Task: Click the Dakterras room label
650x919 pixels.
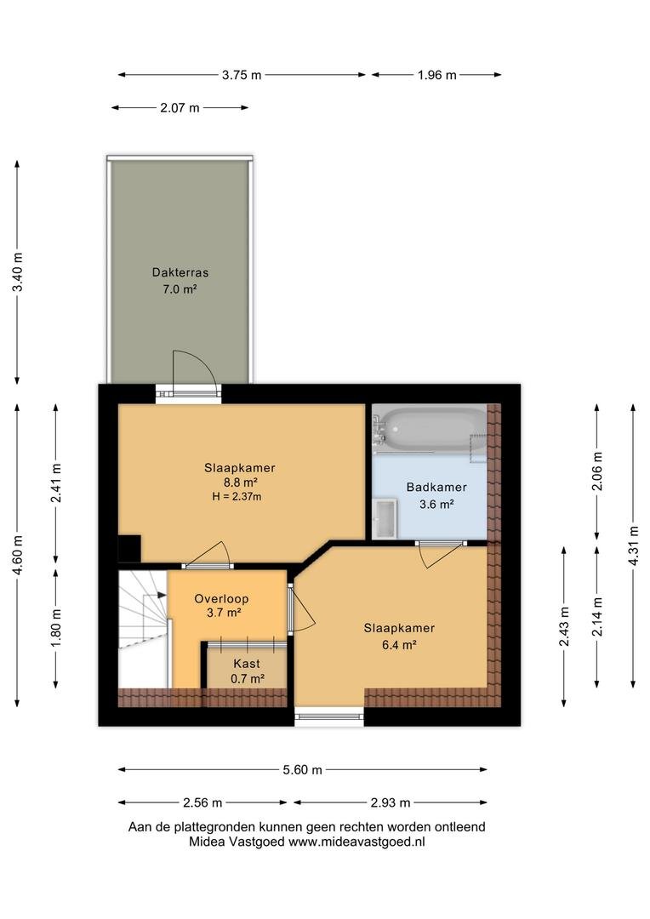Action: point(180,272)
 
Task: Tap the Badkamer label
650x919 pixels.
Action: point(436,487)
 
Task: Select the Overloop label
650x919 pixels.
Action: point(221,599)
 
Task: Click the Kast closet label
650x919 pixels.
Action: point(246,664)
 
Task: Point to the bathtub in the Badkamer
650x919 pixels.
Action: point(432,431)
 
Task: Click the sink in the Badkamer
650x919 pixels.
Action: point(385,518)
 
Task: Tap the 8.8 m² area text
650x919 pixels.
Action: point(240,482)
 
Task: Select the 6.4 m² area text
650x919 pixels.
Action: point(398,645)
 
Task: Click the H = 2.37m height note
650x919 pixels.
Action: point(237,497)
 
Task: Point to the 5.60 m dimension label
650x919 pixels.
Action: point(302,770)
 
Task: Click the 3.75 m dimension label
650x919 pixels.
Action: point(242,75)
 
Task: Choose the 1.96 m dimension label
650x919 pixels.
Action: point(436,75)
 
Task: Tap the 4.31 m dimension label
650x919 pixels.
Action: point(633,545)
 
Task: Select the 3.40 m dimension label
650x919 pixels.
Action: point(18,272)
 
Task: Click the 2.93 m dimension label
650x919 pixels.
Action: point(391,803)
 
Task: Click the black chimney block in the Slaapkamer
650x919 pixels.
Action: point(129,549)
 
